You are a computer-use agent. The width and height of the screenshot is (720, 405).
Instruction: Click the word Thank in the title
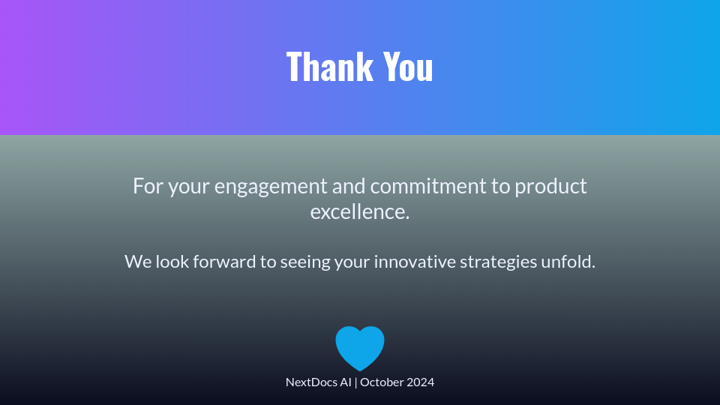(330, 67)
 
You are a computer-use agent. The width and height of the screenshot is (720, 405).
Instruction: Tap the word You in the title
(408, 67)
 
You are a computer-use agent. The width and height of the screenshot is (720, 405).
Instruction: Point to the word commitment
(428, 187)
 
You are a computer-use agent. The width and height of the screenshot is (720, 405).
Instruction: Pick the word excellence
(360, 211)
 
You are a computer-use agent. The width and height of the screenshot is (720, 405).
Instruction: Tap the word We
(138, 262)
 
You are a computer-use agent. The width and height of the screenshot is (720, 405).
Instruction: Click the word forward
(224, 261)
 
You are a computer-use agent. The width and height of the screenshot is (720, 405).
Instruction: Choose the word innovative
(415, 261)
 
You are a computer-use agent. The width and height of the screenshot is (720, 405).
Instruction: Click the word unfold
(568, 261)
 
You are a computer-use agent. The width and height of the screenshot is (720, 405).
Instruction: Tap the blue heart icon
(360, 348)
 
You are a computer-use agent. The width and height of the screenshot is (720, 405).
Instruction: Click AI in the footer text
(345, 382)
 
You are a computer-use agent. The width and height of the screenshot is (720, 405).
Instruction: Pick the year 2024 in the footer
(419, 382)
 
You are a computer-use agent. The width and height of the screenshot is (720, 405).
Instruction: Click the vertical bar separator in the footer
(355, 382)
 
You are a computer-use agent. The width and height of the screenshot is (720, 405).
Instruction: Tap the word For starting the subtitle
(148, 187)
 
